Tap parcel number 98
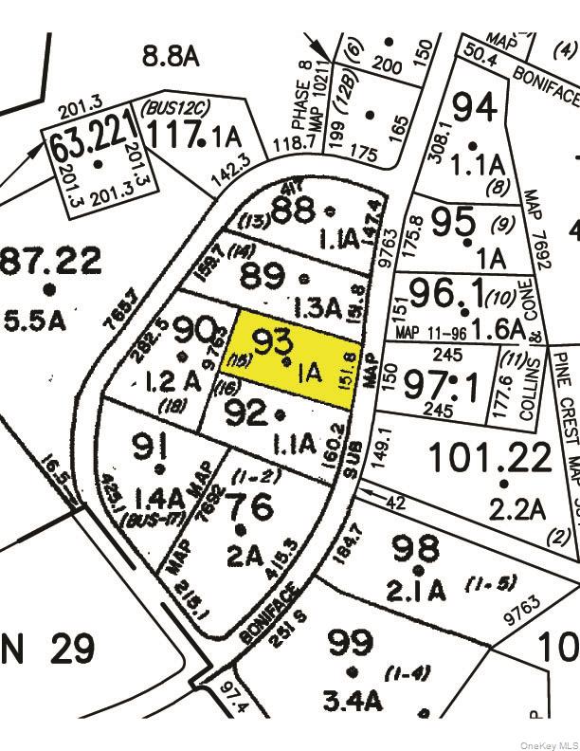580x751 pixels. (415, 548)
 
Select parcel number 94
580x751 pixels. (473, 107)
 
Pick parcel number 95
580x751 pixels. (452, 221)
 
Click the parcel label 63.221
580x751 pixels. (87, 144)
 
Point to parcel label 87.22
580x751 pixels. (50, 259)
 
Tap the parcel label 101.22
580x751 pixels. (490, 459)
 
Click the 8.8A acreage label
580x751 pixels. (172, 57)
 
